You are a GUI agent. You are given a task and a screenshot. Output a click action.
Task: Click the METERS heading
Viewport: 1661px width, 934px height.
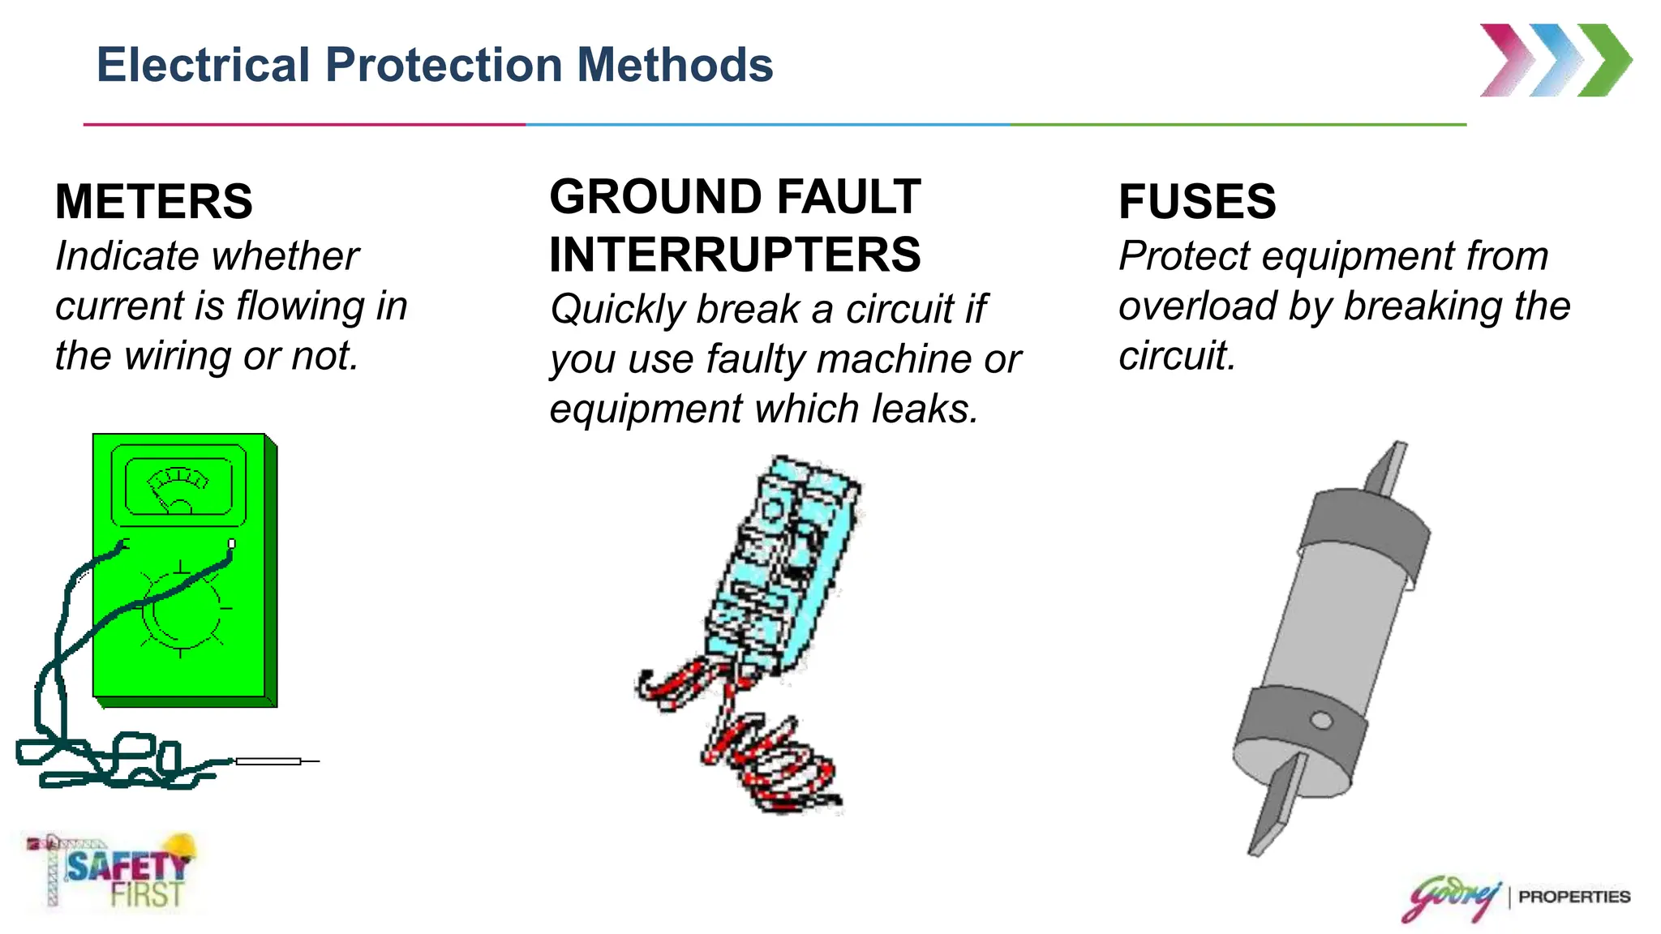(154, 202)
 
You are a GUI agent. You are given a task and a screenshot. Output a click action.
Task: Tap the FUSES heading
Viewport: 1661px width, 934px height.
(1197, 202)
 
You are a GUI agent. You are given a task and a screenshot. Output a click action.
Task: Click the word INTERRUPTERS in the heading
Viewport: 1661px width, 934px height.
(735, 255)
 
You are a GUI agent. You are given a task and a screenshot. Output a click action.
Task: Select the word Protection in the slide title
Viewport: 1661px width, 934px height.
(444, 65)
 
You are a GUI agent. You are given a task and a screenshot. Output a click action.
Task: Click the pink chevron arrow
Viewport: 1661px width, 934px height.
(1507, 60)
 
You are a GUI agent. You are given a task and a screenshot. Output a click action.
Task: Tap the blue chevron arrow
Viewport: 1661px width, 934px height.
(1556, 60)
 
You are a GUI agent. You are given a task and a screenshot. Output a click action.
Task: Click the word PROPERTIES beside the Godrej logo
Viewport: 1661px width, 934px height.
(1574, 897)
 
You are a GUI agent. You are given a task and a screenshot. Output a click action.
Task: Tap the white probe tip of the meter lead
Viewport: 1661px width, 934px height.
(268, 761)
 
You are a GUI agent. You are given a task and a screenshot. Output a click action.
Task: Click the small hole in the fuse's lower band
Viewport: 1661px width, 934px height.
(1321, 720)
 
